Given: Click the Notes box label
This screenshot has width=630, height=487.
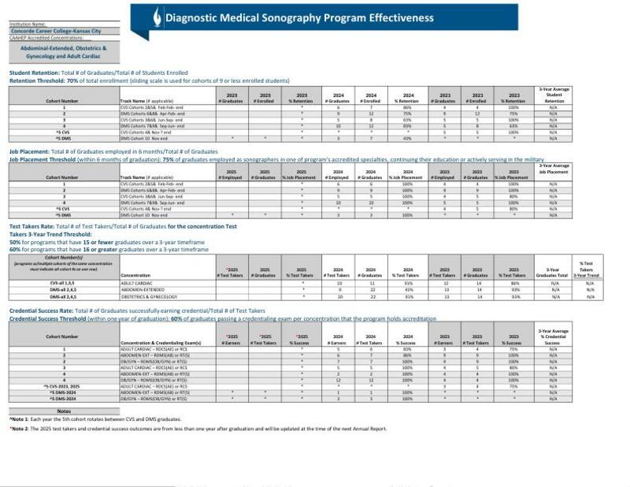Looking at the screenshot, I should tap(64, 411).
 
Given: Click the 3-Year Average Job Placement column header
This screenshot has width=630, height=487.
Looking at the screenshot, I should tap(553, 170).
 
